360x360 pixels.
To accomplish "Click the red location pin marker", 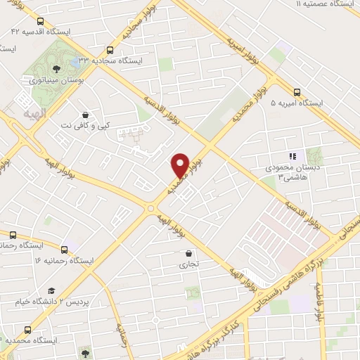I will pyautogui.click(x=180, y=165).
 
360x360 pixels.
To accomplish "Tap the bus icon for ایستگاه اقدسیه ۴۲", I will pyautogui.click(x=39, y=22).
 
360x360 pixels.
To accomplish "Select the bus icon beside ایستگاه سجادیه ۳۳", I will pyautogui.click(x=109, y=50).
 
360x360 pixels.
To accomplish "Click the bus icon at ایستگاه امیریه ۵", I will pyautogui.click(x=297, y=91).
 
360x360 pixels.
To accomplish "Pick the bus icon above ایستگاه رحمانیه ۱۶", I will pyautogui.click(x=65, y=249).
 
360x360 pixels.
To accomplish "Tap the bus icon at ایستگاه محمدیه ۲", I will pyautogui.click(x=27, y=329).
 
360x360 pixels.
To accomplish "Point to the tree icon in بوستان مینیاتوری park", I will pyautogui.click(x=54, y=68).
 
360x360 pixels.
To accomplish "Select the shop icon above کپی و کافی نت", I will pyautogui.click(x=85, y=114).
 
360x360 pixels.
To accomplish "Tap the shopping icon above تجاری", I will pyautogui.click(x=188, y=253).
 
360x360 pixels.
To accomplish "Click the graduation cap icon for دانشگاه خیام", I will pyautogui.click(x=51, y=290).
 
